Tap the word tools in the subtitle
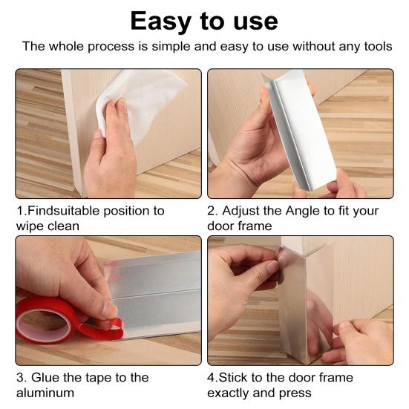[379, 46]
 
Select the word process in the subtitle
[111, 48]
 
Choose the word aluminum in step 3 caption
[45, 393]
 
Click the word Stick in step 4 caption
[233, 377]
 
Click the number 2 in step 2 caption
[211, 211]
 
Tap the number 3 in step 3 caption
[20, 378]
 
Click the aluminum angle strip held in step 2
[300, 128]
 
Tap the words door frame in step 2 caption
[240, 226]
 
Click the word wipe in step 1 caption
[28, 226]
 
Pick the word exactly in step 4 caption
[230, 393]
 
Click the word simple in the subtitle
[171, 48]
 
